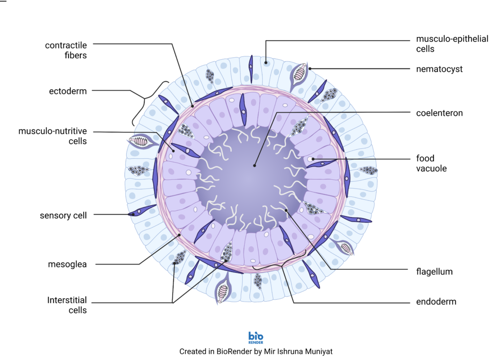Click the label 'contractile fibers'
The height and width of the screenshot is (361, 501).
[x=66, y=50]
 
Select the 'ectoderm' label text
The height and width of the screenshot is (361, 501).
[x=68, y=92]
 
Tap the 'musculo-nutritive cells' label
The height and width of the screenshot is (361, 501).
[x=52, y=136]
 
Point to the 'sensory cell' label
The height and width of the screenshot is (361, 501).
[x=63, y=216]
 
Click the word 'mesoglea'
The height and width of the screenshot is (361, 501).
[x=68, y=265]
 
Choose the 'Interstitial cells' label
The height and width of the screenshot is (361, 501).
[x=67, y=305]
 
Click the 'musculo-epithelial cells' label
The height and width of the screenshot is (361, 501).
[x=452, y=44]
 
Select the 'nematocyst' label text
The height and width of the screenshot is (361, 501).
[x=439, y=69]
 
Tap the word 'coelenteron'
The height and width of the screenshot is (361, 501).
[x=439, y=113]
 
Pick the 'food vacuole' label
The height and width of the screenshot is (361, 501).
[x=431, y=163]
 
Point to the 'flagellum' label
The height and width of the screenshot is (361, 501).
[x=434, y=271]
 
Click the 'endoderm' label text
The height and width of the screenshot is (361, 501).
[x=436, y=302]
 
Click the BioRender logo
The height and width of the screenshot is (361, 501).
[x=256, y=338]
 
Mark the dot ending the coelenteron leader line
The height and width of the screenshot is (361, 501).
[x=254, y=166]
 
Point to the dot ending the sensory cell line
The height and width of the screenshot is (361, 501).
[x=133, y=214]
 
